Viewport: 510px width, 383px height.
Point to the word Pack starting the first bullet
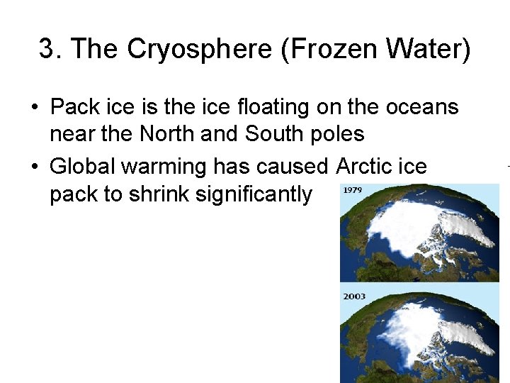click(x=75, y=108)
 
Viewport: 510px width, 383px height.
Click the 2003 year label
click(x=355, y=296)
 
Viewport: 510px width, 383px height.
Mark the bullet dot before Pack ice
click(x=34, y=109)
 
